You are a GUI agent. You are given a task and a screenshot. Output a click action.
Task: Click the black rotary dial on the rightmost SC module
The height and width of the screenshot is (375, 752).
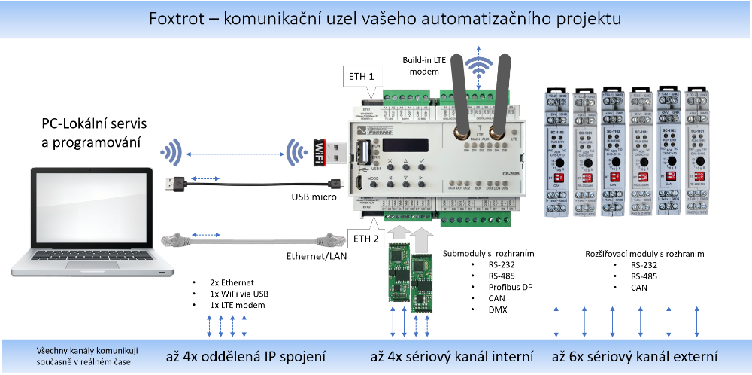point(696,160)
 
